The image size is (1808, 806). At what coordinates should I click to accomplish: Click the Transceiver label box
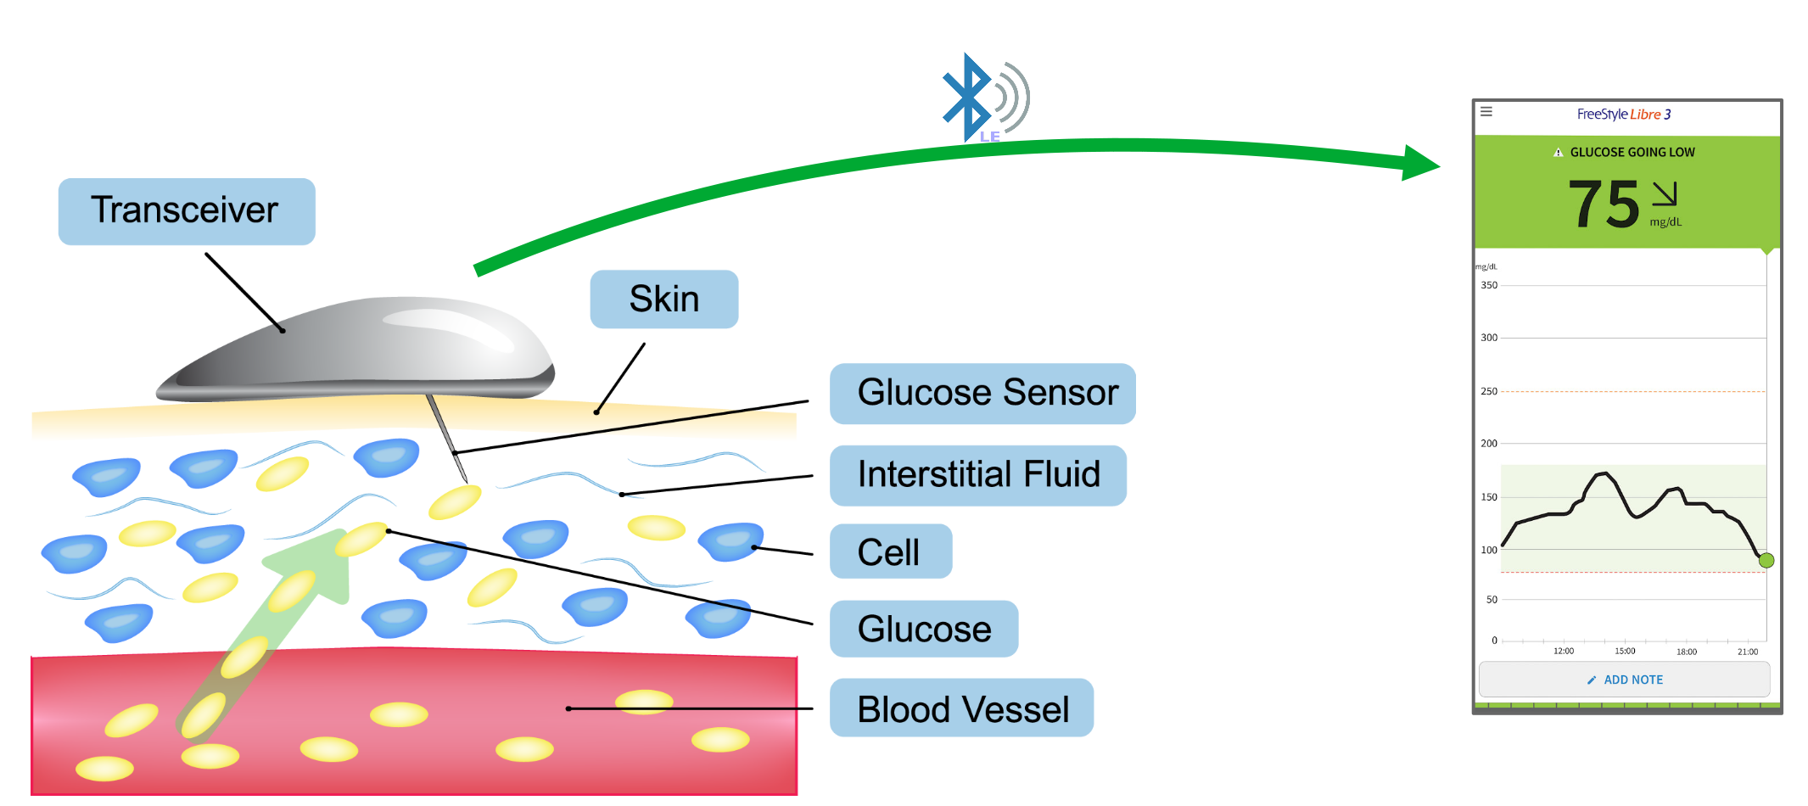(x=186, y=211)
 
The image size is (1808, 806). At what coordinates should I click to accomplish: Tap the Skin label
(x=663, y=299)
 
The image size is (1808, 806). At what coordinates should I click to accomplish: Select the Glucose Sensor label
(x=982, y=393)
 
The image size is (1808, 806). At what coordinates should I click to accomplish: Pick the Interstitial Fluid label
(x=977, y=474)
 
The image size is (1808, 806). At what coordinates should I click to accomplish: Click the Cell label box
(x=890, y=551)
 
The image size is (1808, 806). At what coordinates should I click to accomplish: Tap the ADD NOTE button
(x=1624, y=680)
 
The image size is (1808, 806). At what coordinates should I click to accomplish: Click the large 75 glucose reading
(x=1603, y=204)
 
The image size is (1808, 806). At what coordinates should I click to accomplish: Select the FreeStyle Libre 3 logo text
(x=1623, y=115)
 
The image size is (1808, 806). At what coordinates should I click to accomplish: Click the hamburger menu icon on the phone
(x=1486, y=111)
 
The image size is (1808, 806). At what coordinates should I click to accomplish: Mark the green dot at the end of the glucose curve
(x=1766, y=560)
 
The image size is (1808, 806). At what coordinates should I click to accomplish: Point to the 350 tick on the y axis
(x=1489, y=286)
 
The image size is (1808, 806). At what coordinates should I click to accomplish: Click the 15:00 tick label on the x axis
(x=1624, y=652)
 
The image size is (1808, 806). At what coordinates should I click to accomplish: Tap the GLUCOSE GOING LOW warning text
(x=1631, y=153)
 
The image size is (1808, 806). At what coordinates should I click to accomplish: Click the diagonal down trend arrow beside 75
(x=1665, y=193)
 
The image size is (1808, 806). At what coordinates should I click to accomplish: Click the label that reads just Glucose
(x=923, y=629)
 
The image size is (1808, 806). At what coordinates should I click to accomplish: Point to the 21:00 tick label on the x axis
(x=1747, y=652)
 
